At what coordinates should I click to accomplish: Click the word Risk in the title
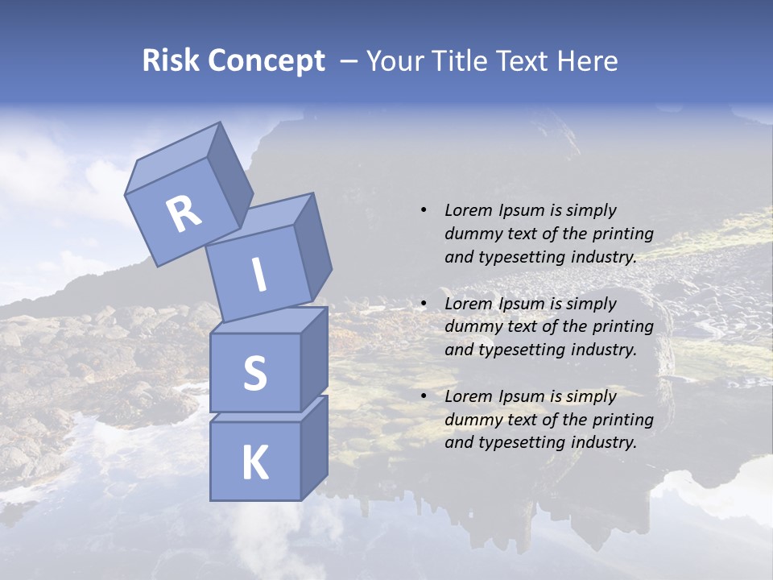coord(171,61)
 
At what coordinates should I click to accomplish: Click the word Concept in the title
coord(266,61)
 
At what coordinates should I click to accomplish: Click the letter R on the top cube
coord(184,213)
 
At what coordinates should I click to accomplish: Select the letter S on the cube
coord(254,372)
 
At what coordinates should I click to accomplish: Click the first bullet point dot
coord(424,211)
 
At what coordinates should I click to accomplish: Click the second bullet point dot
coord(424,304)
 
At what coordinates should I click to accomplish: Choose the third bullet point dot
coord(424,396)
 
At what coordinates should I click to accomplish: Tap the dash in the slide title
coord(349,61)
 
